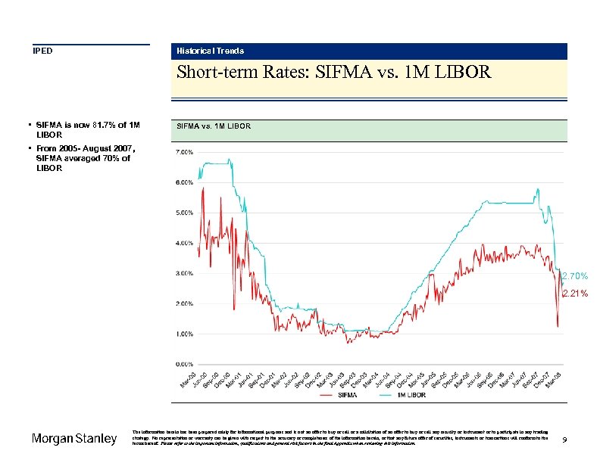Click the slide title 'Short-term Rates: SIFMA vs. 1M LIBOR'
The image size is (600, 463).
[333, 73]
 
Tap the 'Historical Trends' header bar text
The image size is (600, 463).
[210, 51]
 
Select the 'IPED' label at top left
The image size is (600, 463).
[42, 51]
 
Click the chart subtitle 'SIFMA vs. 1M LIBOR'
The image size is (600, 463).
[213, 126]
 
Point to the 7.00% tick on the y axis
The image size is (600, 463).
[184, 152]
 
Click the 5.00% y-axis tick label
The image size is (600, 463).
[184, 213]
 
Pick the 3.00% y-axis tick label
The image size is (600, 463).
[184, 273]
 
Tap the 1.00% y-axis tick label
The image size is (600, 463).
[184, 334]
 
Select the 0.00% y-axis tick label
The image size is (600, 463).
[184, 364]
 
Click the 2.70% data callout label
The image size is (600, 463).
[574, 276]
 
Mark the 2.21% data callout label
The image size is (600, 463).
[574, 294]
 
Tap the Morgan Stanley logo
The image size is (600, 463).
[74, 439]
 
